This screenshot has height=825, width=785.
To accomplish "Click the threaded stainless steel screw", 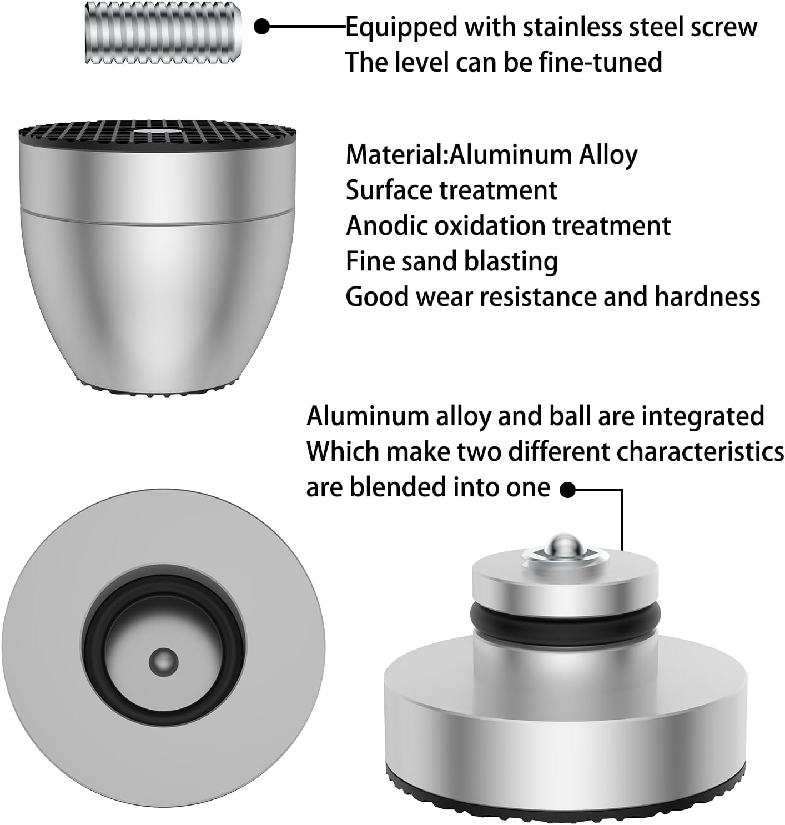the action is click(x=163, y=33).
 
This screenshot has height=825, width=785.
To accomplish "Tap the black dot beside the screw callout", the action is click(x=262, y=27).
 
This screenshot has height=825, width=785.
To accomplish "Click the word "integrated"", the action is click(x=703, y=417).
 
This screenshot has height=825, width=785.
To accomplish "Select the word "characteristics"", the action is click(x=700, y=452).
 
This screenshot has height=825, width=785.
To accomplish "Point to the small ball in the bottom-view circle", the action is click(x=164, y=662).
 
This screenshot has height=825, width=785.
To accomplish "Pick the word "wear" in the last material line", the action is click(x=446, y=297).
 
